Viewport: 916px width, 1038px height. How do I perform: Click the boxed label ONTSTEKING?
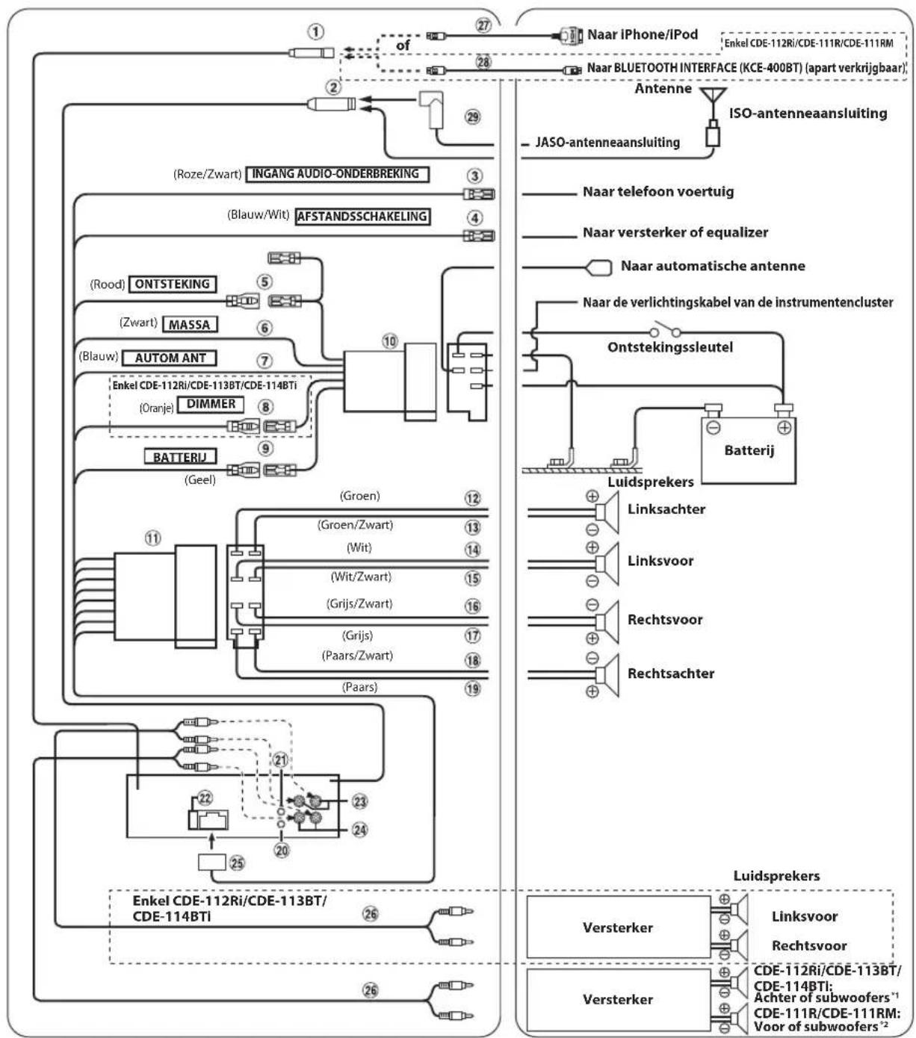point(173,284)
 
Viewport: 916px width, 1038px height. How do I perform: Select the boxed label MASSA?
point(190,324)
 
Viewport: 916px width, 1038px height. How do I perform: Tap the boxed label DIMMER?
point(211,404)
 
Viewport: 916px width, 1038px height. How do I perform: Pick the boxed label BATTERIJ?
point(180,456)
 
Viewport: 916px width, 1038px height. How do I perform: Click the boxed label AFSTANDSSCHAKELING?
point(362,217)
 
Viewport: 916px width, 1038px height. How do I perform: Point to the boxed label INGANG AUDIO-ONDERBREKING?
point(337,174)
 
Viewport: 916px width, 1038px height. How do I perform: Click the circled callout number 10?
point(390,341)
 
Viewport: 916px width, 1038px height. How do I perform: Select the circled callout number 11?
point(152,538)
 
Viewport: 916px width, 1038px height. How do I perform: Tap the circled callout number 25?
point(237,863)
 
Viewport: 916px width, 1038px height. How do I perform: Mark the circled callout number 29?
point(473,116)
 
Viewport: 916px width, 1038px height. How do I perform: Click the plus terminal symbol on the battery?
point(785,427)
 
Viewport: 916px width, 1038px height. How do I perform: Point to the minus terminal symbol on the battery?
point(714,427)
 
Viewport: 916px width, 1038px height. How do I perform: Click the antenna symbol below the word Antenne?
point(713,100)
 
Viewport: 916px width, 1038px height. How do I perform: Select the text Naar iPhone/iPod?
point(643,34)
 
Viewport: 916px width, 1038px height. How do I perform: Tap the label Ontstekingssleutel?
point(670,346)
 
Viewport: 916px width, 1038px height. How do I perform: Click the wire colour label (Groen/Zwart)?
point(355,525)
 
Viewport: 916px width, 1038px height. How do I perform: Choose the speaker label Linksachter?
point(666,509)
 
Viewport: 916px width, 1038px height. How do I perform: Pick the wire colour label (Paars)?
point(360,686)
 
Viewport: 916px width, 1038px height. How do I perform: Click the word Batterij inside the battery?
point(749,450)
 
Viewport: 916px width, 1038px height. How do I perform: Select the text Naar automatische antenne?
point(713,265)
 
